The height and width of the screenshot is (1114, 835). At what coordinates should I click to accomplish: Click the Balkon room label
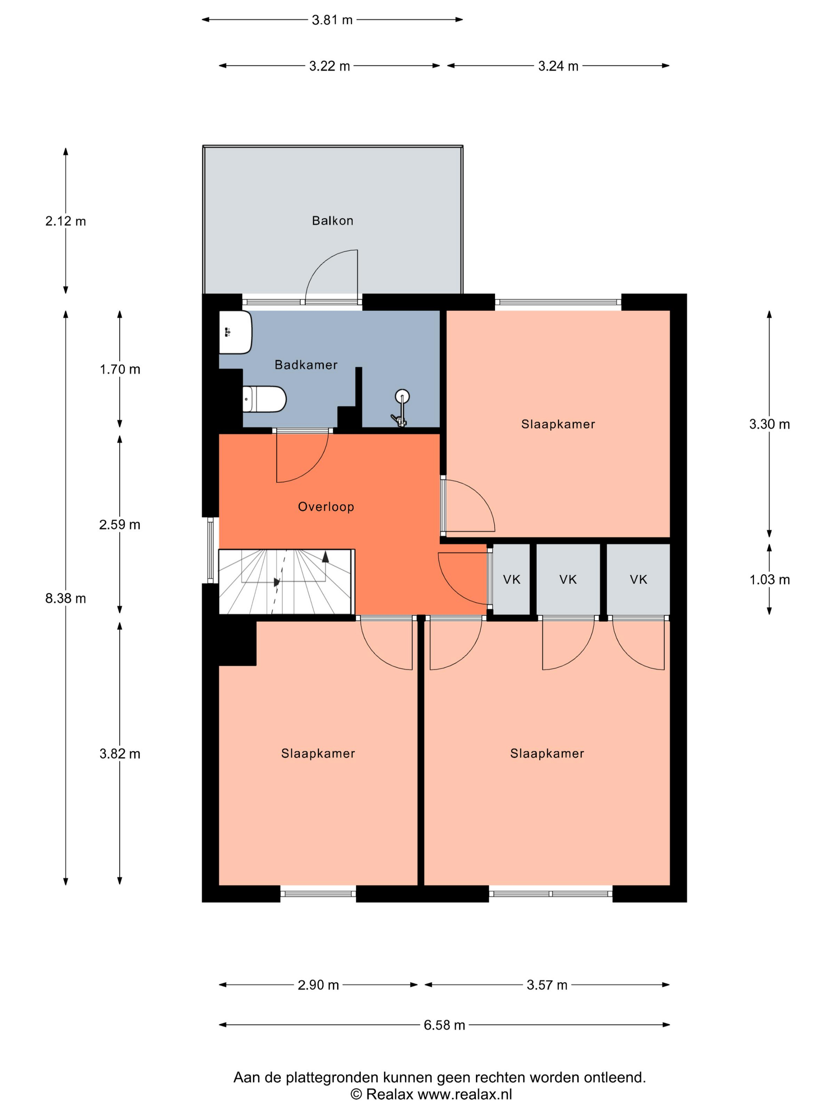tap(332, 220)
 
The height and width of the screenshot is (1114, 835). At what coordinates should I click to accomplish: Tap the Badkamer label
tap(305, 364)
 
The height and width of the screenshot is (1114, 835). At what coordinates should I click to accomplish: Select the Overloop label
tap(326, 506)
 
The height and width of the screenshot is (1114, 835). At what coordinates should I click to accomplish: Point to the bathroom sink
tap(235, 332)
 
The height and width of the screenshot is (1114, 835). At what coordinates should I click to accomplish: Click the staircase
tap(286, 582)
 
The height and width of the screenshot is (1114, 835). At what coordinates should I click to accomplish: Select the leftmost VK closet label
tap(511, 580)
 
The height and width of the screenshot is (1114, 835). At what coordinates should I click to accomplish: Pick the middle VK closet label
tap(568, 580)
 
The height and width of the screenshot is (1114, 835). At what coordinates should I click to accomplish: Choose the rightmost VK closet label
tap(638, 580)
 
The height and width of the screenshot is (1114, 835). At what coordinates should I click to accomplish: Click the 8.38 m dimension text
tap(66, 598)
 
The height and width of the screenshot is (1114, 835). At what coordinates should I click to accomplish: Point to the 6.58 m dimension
tap(444, 1025)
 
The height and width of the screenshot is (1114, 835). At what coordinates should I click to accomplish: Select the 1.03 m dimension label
tap(769, 580)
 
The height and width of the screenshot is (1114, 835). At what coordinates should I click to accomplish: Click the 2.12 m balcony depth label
tap(66, 221)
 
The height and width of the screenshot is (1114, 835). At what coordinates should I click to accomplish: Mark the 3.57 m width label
tap(547, 985)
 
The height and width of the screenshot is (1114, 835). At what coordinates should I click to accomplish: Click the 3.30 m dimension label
tap(769, 424)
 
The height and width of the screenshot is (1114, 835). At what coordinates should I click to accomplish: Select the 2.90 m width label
tap(318, 985)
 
